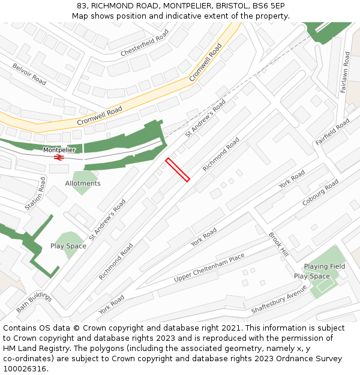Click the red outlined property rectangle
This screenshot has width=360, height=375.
click(178, 169)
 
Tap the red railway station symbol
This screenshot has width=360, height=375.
click(59, 157)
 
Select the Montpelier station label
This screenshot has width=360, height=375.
click(59, 150)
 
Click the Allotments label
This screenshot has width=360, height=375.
click(83, 184)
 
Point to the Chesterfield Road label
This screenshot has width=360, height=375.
click(145, 45)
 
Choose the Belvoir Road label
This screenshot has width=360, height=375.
click(29, 74)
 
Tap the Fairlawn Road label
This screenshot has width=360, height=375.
click(345, 71)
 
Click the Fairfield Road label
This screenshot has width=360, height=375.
click(332, 132)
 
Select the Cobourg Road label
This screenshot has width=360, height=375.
click(320, 192)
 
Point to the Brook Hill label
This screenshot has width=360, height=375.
click(278, 245)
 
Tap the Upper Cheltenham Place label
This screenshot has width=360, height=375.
click(209, 268)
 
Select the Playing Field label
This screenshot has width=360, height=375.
click(324, 266)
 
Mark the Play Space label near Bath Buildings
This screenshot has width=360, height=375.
click(68, 246)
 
